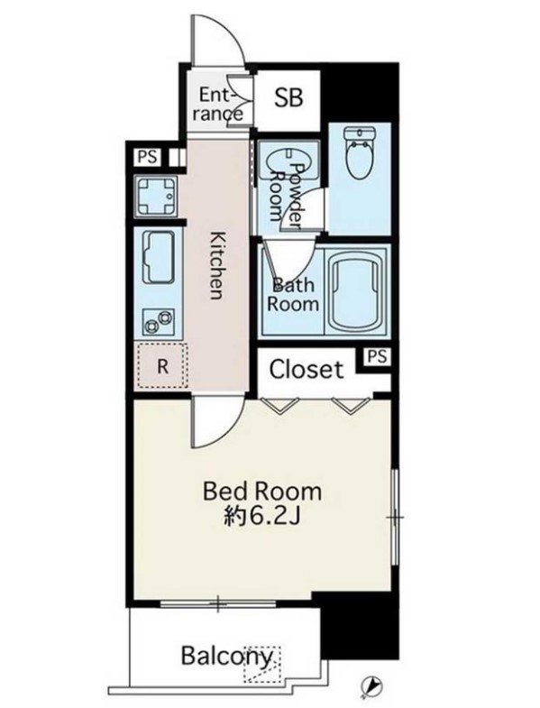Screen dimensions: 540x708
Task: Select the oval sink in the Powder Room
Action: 288,161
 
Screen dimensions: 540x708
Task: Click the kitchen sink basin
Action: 158,257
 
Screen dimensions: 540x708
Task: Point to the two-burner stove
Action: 158,321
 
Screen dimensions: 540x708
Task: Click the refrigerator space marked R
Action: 162,366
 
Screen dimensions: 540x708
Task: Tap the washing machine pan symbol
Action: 156,197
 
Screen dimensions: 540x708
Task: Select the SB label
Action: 288,97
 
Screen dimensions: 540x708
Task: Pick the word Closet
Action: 307,370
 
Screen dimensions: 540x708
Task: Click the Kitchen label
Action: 217,265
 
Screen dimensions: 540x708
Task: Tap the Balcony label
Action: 227,656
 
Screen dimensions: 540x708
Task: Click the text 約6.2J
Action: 261,516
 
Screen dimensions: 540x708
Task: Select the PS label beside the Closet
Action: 377,356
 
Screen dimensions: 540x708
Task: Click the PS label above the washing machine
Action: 148,157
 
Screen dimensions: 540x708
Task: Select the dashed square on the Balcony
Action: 261,664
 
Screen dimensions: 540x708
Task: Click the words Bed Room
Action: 261,492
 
